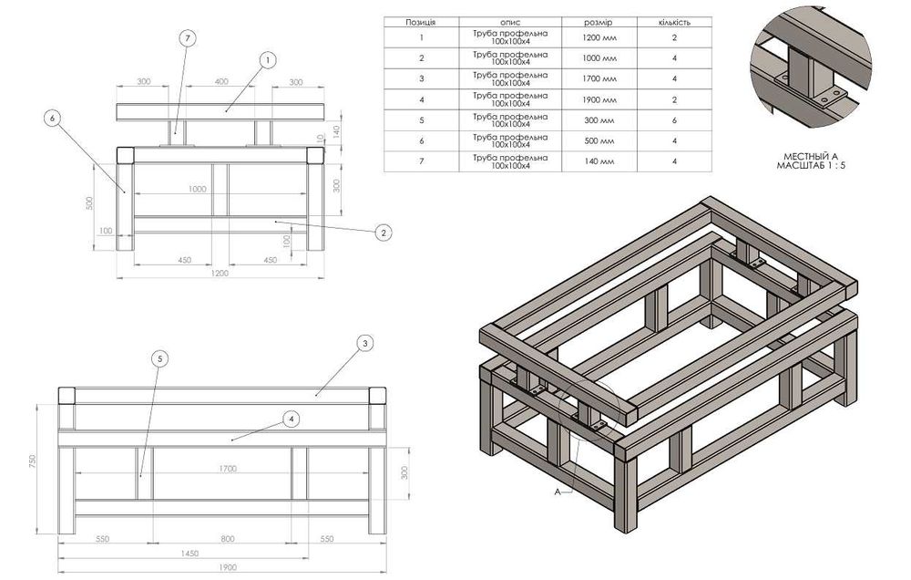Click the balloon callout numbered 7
(x=187, y=38)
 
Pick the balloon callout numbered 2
(x=384, y=233)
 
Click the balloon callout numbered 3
(x=363, y=344)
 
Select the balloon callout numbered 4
(x=290, y=419)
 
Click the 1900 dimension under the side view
(x=227, y=567)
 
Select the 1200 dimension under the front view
(x=220, y=273)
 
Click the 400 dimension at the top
(x=221, y=82)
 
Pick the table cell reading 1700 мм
(x=599, y=79)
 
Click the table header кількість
(x=674, y=21)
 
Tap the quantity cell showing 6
(x=674, y=119)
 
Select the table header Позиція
(x=420, y=21)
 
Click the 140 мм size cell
(x=599, y=161)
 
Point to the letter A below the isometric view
(x=555, y=491)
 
